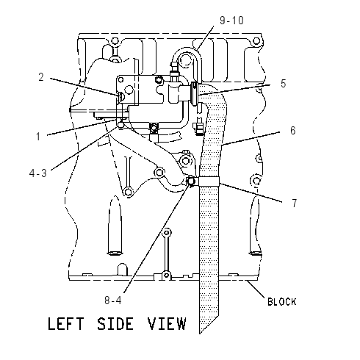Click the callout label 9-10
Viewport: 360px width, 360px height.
231,20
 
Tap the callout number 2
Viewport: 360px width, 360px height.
41,77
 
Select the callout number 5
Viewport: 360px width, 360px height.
284,83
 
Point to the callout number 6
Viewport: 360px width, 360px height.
293,130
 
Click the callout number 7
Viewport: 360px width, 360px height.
295,203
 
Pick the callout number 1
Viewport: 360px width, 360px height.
38,137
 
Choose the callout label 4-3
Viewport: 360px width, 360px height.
37,173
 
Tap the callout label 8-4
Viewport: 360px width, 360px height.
113,300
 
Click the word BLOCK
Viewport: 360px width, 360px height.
281,302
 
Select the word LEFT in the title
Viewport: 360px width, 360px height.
65,323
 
